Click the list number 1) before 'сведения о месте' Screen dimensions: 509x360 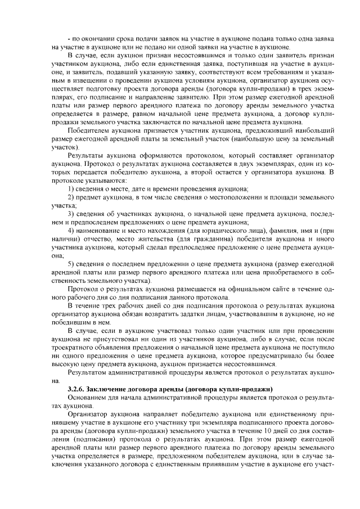[70, 188]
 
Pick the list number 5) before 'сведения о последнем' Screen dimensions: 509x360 [70, 264]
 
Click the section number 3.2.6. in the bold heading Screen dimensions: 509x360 [78, 389]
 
